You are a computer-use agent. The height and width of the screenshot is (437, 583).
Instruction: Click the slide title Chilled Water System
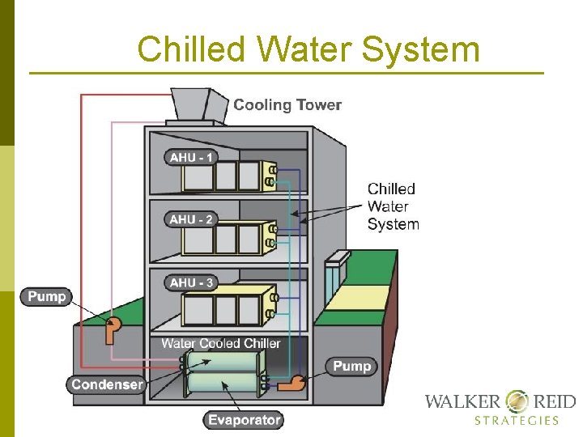[x=308, y=49]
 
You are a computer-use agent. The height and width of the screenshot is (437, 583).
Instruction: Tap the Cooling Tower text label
[x=287, y=105]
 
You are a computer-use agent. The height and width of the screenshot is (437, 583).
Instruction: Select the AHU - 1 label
[x=192, y=157]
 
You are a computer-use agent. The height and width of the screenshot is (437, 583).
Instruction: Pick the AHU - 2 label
[x=192, y=219]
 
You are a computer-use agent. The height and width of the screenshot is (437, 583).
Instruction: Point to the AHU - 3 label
[x=192, y=282]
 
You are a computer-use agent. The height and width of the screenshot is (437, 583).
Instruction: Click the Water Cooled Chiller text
[x=220, y=343]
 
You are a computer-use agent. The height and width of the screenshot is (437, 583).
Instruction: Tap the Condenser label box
[x=107, y=384]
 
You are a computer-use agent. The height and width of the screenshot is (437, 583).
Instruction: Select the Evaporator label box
[x=244, y=419]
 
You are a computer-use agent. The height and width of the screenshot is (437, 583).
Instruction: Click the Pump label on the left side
[x=47, y=297]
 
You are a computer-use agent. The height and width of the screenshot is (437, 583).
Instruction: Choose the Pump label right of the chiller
[x=352, y=367]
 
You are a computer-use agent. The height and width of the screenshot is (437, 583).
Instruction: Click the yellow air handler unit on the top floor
[x=228, y=175]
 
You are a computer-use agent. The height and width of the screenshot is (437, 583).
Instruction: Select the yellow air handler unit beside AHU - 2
[x=228, y=236]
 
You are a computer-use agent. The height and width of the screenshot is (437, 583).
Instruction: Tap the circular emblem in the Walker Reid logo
[x=517, y=401]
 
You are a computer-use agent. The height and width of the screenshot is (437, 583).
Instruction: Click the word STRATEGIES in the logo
[x=517, y=420]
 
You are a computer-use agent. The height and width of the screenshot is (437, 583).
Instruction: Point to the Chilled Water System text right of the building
[x=393, y=206]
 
